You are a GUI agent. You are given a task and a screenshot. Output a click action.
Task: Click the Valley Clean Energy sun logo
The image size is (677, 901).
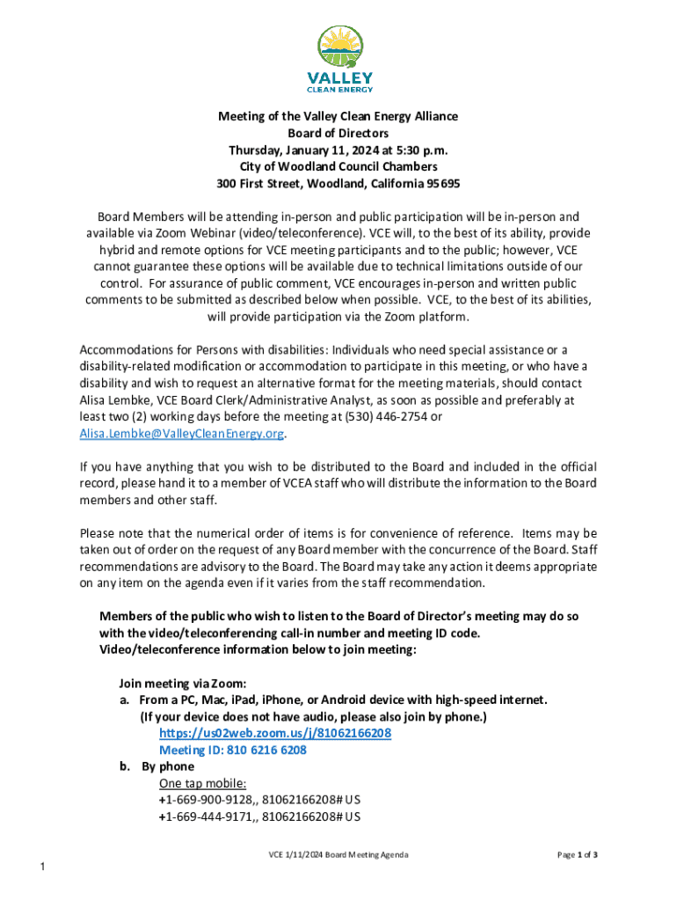(x=338, y=48)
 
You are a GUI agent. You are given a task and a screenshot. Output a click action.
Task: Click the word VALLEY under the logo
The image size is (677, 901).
(x=338, y=77)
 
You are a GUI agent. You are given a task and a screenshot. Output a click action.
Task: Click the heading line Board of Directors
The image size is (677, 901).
(x=338, y=133)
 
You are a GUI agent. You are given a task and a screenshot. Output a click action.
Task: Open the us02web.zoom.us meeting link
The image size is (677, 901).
(x=275, y=733)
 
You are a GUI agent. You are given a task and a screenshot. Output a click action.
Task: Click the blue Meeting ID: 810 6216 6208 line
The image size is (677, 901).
(x=232, y=750)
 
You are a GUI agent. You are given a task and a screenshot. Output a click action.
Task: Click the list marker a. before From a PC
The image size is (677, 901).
(x=126, y=700)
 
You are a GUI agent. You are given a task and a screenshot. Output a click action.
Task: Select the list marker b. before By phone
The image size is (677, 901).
(x=126, y=766)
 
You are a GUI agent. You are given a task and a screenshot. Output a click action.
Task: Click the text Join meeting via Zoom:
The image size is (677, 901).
(x=182, y=683)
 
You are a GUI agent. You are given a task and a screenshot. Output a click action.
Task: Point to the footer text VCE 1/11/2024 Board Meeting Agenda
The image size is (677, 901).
(x=338, y=854)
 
